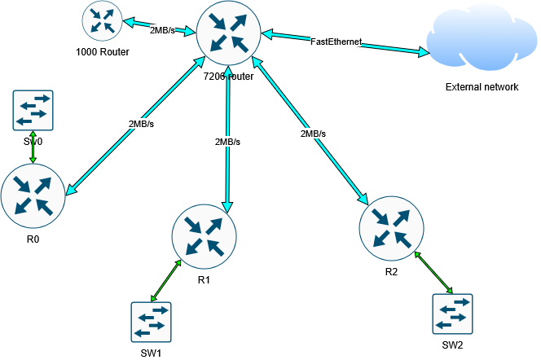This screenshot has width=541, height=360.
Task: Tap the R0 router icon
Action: (x=33, y=195)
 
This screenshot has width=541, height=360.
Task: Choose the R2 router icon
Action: (x=391, y=226)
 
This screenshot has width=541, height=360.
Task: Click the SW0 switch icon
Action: (x=33, y=110)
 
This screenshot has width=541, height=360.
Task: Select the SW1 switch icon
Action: (x=152, y=323)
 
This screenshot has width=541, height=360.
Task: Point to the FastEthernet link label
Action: (x=336, y=41)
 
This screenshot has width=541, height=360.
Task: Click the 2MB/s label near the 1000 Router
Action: (x=163, y=30)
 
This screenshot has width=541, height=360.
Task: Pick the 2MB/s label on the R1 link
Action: (x=227, y=142)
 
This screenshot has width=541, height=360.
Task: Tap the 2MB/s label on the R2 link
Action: (x=313, y=133)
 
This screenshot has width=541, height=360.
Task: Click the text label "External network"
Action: (x=482, y=87)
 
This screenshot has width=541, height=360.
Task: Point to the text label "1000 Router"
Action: (x=103, y=52)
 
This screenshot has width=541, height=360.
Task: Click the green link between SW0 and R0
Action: (x=33, y=147)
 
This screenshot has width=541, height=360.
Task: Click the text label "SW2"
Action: (x=454, y=345)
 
